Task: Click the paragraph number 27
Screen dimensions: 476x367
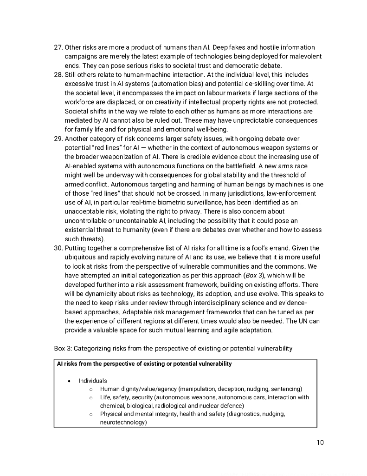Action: coord(58,47)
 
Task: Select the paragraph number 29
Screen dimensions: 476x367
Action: coord(58,139)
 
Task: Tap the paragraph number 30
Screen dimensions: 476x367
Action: coord(58,248)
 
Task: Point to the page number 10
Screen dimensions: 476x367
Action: coord(320,442)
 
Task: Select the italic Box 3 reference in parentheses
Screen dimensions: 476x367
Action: coord(255,275)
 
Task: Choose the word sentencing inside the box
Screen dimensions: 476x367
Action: coord(286,389)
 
